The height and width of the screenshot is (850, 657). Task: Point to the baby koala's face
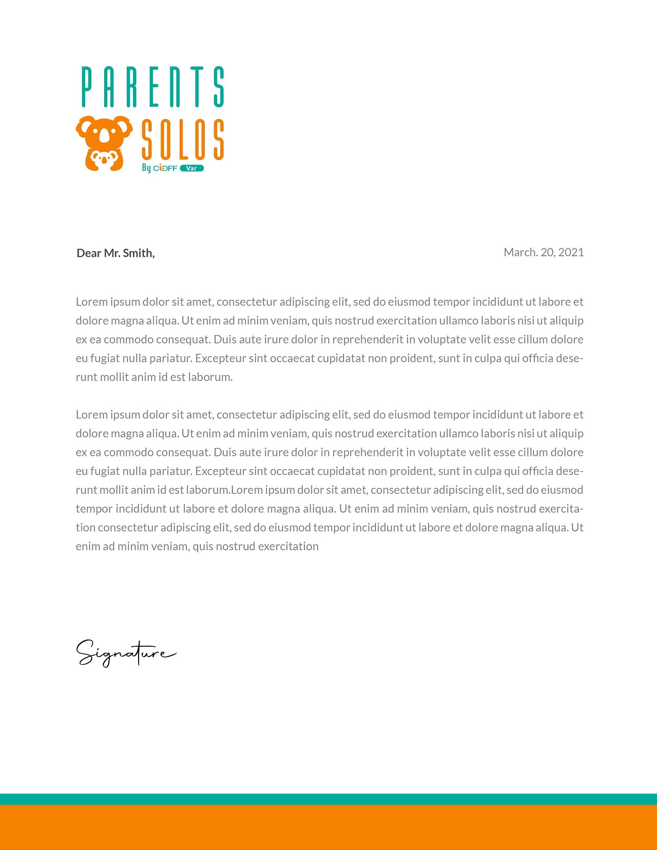105,159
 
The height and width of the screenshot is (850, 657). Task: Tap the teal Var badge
191,168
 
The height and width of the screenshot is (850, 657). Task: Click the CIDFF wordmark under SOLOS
165,168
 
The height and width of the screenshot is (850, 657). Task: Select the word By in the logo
146,168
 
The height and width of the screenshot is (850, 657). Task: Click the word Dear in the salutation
89,253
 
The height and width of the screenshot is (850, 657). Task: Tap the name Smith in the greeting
139,253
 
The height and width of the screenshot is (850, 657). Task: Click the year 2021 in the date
571,252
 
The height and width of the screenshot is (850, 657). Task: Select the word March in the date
519,252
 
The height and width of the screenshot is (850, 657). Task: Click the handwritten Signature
126,653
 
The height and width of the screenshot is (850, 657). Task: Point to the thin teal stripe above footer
328,799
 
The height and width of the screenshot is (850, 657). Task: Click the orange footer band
328,827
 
